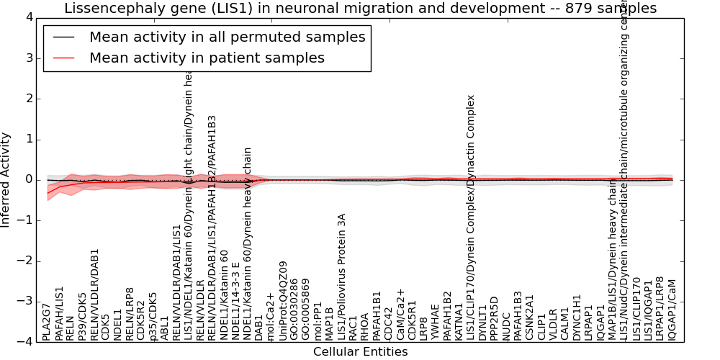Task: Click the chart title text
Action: pyautogui.click(x=360, y=9)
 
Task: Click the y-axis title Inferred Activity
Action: pyautogui.click(x=6, y=179)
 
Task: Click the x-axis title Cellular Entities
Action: pyautogui.click(x=360, y=352)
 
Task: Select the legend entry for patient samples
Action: pyautogui.click(x=207, y=58)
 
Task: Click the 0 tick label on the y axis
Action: pyautogui.click(x=30, y=179)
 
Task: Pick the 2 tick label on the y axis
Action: pyautogui.click(x=30, y=99)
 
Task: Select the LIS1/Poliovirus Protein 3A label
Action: pyautogui.click(x=342, y=276)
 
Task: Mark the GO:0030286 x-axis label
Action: pyautogui.click(x=294, y=309)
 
